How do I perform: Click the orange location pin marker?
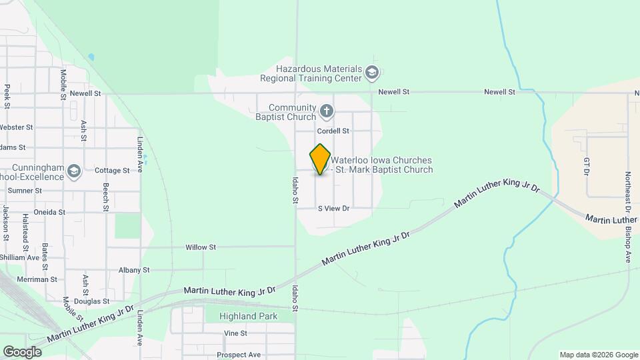click(320, 159)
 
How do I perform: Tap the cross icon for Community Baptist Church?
click(326, 111)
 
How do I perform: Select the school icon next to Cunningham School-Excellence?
click(74, 172)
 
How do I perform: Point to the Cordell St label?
click(333, 131)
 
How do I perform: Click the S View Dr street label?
click(333, 209)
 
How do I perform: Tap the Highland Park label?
click(250, 317)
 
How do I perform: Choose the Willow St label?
click(201, 247)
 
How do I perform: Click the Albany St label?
click(134, 270)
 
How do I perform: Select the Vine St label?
click(236, 333)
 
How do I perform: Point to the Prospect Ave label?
click(238, 355)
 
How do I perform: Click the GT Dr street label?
click(587, 167)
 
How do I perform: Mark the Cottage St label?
click(112, 171)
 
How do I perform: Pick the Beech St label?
click(105, 198)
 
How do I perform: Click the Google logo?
click(22, 351)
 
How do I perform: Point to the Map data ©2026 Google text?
click(598, 355)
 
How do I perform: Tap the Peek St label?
click(7, 97)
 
